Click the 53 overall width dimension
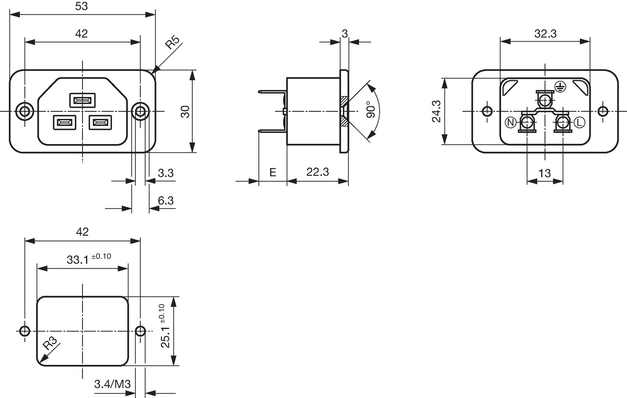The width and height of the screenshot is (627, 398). click(x=82, y=6)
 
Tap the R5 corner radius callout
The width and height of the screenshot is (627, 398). click(x=173, y=42)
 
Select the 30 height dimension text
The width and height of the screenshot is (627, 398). click(x=185, y=111)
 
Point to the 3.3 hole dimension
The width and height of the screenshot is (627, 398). click(x=166, y=173)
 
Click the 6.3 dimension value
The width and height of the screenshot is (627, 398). click(x=166, y=200)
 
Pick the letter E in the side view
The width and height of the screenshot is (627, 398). click(x=272, y=172)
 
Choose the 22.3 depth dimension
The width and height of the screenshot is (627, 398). click(x=317, y=172)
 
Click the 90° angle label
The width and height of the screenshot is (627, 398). click(x=371, y=110)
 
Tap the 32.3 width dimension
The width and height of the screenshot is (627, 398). click(x=545, y=34)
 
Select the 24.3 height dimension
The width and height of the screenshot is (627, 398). click(x=436, y=111)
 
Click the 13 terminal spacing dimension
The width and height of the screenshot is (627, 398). click(x=544, y=173)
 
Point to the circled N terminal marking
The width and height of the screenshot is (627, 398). click(x=511, y=123)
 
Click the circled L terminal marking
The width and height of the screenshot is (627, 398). click(x=579, y=123)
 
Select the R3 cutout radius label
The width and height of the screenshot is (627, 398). click(x=50, y=343)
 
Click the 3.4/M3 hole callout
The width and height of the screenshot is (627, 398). click(x=112, y=384)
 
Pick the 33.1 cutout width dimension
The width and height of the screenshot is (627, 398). click(x=89, y=259)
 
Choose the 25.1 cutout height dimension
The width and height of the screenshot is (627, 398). click(x=165, y=326)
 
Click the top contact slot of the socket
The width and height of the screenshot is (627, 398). click(x=83, y=100)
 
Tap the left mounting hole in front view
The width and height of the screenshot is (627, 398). click(x=25, y=111)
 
